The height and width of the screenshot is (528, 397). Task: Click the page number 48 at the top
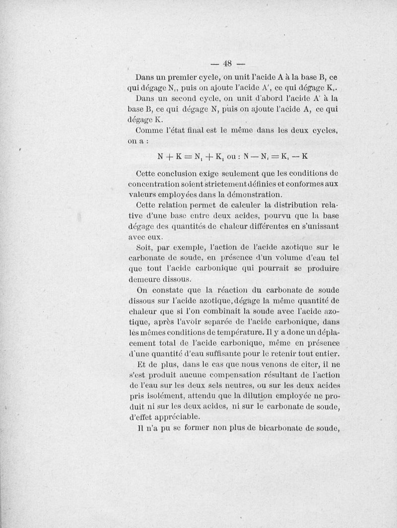click(x=228, y=63)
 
